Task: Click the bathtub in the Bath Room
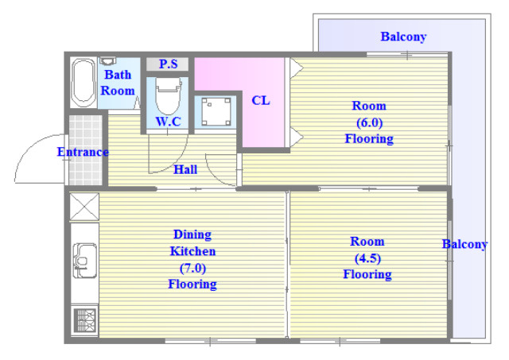click(84, 83)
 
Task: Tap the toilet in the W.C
click(168, 96)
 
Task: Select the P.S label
click(168, 64)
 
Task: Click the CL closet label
click(261, 101)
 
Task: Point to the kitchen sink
click(85, 261)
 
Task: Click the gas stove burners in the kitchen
click(85, 320)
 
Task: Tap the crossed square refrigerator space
click(84, 207)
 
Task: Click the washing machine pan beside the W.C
click(216, 112)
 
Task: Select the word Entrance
click(83, 152)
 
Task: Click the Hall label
click(185, 169)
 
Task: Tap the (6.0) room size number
click(369, 122)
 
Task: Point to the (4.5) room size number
click(367, 258)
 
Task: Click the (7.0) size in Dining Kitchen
click(192, 268)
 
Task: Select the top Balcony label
click(403, 37)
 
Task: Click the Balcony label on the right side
click(464, 244)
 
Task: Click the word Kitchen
click(192, 251)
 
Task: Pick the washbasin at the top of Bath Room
click(107, 60)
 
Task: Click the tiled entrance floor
click(85, 150)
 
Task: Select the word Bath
click(118, 75)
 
